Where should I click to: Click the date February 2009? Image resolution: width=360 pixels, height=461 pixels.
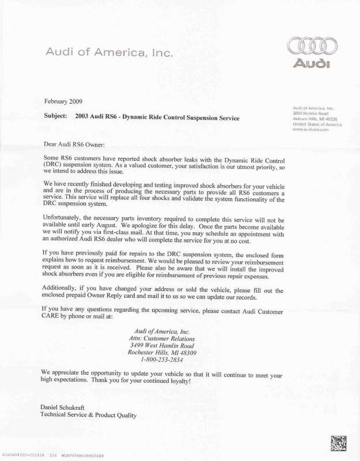pyautogui.click(x=63, y=101)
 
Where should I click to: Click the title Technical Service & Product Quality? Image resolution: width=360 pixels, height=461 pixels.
pyautogui.click(x=88, y=415)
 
